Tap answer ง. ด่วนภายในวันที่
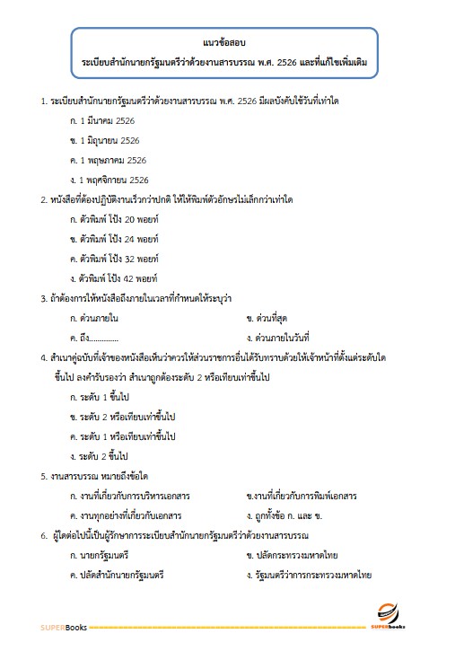click(283, 337)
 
